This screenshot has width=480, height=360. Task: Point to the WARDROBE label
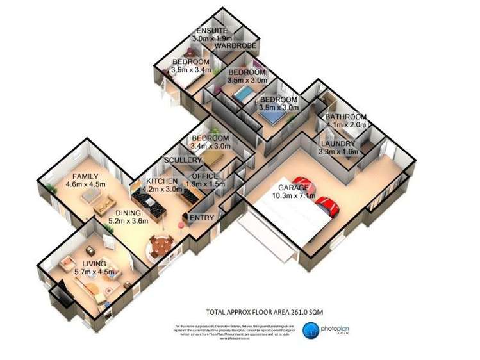[235, 46]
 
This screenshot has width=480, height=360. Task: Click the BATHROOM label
[345, 117]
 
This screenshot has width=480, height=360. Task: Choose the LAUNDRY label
[341, 144]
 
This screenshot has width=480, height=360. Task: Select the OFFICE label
[203, 176]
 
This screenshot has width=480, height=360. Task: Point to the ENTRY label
[203, 218]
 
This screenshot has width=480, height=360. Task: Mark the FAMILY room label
[85, 176]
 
